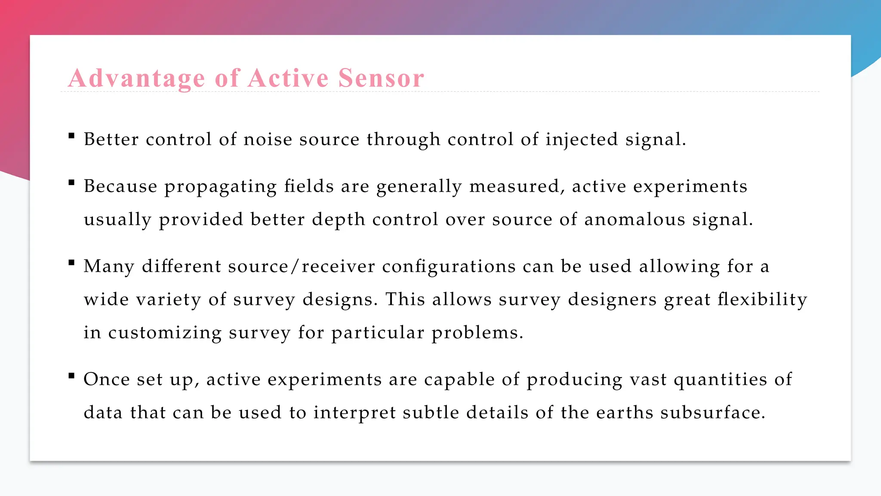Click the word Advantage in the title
136,78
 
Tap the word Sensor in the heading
381,78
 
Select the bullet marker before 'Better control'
71,136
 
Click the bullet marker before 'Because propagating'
71,183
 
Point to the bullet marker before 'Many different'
71,263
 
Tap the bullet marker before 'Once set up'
71,376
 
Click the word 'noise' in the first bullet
268,139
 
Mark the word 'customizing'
165,333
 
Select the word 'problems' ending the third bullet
477,333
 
